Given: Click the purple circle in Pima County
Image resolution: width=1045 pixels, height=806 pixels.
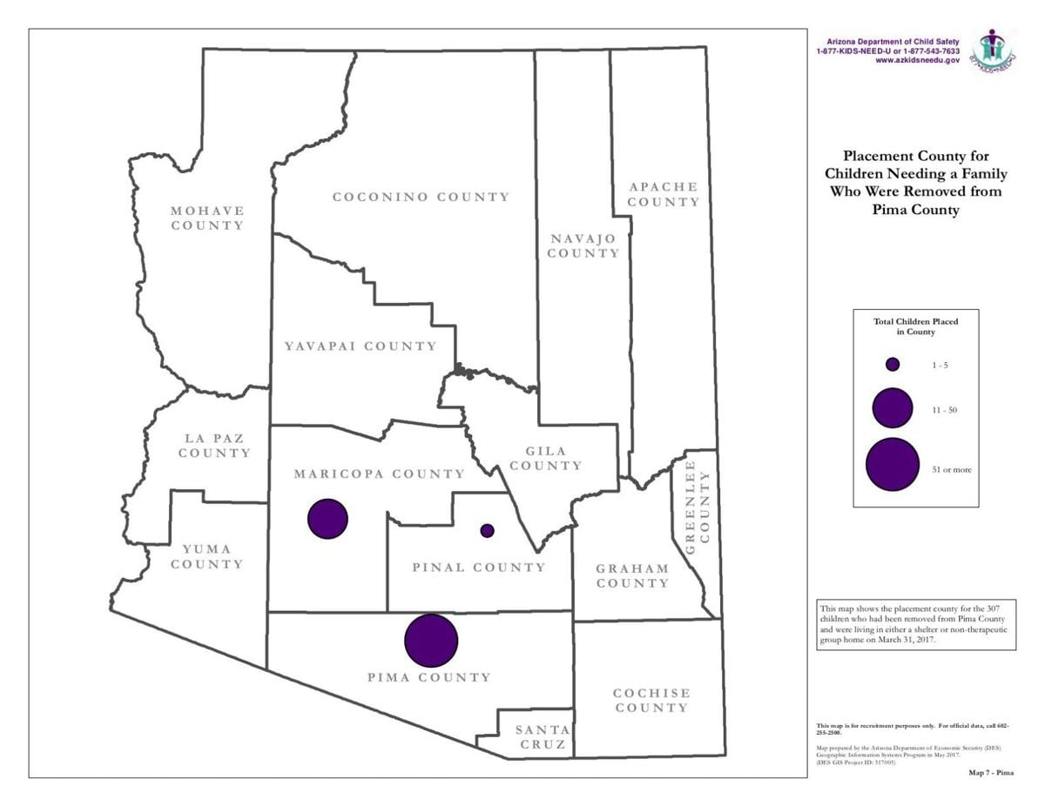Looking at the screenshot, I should pyautogui.click(x=431, y=641).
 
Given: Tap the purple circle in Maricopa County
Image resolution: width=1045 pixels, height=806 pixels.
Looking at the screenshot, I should pyautogui.click(x=328, y=519).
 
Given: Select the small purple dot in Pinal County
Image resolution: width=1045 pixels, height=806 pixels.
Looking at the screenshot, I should pyautogui.click(x=487, y=530).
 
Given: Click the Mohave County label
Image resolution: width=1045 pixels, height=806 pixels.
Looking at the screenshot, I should pyautogui.click(x=207, y=218).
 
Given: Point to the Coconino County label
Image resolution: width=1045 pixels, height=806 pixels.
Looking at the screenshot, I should pyautogui.click(x=421, y=197).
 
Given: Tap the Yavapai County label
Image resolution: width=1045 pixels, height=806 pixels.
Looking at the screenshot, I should pyautogui.click(x=361, y=346).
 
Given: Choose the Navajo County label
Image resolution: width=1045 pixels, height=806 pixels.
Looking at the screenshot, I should pyautogui.click(x=583, y=245).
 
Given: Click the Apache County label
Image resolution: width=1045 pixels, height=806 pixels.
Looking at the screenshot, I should pyautogui.click(x=664, y=194).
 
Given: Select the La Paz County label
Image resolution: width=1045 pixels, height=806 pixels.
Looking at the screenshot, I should pyautogui.click(x=214, y=446).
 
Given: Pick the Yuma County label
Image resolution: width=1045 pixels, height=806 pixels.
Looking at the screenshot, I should pyautogui.click(x=207, y=556).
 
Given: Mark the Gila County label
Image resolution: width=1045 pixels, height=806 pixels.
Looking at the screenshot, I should pyautogui.click(x=546, y=458).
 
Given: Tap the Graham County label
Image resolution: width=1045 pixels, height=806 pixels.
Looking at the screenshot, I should pyautogui.click(x=632, y=575).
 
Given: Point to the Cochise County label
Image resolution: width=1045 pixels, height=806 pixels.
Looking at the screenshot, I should pyautogui.click(x=651, y=700).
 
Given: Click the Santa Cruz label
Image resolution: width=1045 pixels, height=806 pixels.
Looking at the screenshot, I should pyautogui.click(x=542, y=737).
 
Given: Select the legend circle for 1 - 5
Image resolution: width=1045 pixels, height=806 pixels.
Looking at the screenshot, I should pyautogui.click(x=893, y=364).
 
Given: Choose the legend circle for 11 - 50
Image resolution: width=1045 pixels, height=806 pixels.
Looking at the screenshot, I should pyautogui.click(x=893, y=408).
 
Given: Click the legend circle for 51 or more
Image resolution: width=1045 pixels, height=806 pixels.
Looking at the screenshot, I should pyautogui.click(x=893, y=465).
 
